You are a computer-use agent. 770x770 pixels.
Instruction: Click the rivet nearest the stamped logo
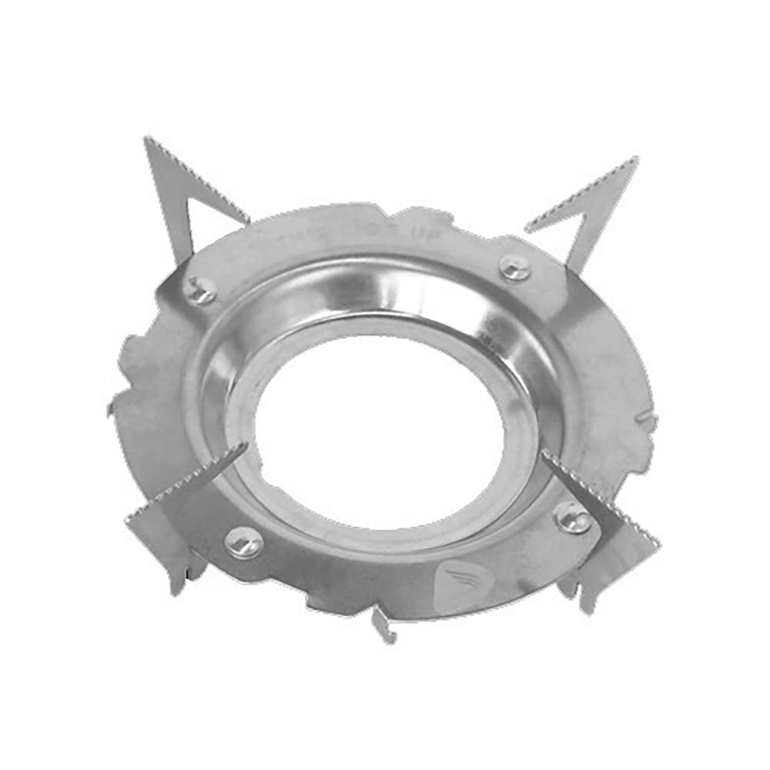coord(573,517)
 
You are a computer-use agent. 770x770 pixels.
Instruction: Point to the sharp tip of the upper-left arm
coord(146,139)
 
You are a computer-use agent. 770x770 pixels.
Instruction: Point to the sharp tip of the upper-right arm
coord(636,159)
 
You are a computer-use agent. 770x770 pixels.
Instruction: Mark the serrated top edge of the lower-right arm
coord(601,494)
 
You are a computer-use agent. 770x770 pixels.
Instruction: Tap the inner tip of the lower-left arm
coord(245,447)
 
